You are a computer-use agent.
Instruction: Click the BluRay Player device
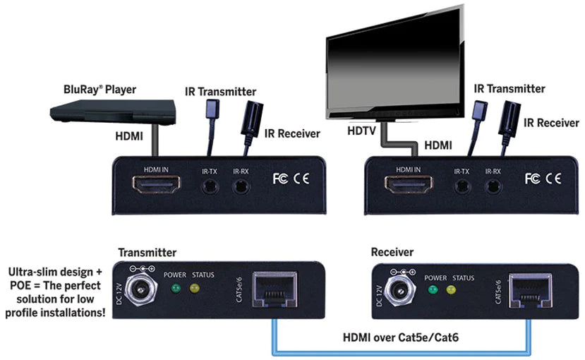[113, 112]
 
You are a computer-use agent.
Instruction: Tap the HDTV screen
[395, 61]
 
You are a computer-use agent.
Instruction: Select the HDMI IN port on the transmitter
[157, 184]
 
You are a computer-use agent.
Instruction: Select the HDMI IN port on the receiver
[409, 184]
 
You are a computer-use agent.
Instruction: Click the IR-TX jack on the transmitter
[210, 186]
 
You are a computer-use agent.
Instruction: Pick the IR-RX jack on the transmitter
[241, 186]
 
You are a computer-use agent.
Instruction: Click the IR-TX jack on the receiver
[462, 186]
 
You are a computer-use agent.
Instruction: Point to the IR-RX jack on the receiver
[493, 186]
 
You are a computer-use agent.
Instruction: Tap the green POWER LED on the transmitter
[175, 288]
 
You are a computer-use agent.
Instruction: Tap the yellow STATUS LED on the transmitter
[194, 288]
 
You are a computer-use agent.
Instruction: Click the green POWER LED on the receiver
[433, 290]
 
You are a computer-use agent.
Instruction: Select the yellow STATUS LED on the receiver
[451, 290]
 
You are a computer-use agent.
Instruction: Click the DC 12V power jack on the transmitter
[141, 289]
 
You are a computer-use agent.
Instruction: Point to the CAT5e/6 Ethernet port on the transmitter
[275, 290]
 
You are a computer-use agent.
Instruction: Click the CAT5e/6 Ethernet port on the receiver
[531, 292]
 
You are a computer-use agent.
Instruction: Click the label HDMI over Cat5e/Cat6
[401, 337]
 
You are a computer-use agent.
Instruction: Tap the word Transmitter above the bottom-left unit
[147, 253]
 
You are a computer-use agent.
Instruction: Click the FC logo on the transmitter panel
[280, 179]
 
